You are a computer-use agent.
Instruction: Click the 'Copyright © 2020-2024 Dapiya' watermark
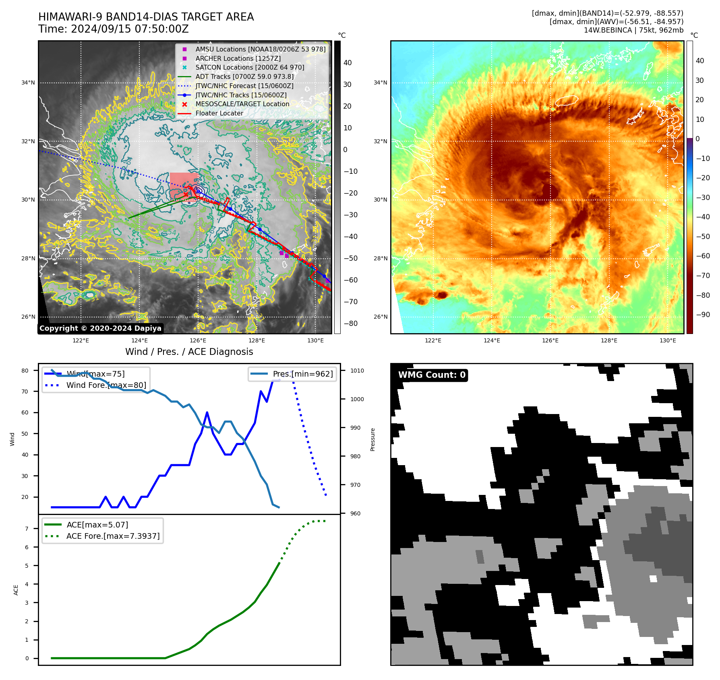100,328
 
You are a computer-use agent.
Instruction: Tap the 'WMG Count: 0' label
432,375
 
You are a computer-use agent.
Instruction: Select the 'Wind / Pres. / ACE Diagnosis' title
189,352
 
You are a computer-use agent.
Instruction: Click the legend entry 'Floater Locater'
219,113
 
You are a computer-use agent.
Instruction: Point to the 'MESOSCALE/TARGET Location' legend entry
242,104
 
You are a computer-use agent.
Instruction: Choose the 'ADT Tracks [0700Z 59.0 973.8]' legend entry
244,76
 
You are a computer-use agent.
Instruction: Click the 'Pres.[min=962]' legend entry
302,374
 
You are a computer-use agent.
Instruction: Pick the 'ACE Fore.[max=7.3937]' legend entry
113,536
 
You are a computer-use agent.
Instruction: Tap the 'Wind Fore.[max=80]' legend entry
106,385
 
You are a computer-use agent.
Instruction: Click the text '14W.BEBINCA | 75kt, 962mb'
633,30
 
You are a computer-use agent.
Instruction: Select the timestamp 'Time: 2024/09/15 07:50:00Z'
114,29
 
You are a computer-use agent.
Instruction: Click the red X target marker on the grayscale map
186,195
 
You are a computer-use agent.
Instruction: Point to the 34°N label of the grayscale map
28,83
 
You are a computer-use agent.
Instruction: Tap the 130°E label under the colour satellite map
668,340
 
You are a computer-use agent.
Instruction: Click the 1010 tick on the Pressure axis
357,371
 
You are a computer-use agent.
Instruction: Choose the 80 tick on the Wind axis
25,371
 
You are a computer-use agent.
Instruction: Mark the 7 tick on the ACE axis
27,529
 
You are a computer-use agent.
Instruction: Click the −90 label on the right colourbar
703,315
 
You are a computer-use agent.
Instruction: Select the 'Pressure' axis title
373,439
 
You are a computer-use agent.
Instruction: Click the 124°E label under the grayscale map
139,340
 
